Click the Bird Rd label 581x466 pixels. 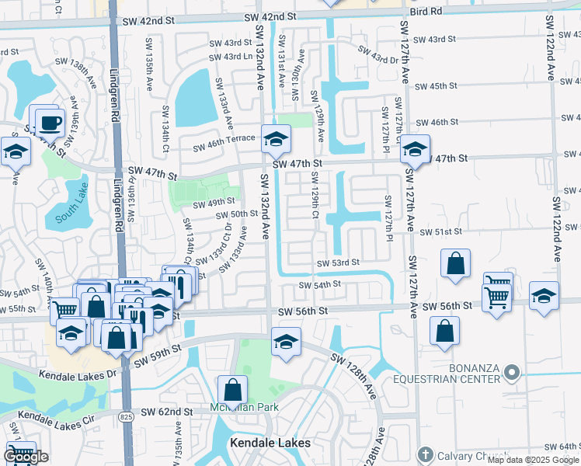pyautogui.click(x=426, y=11)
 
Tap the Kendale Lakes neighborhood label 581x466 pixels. pyautogui.click(x=270, y=443)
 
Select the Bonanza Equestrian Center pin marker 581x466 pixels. pyautogui.click(x=511, y=374)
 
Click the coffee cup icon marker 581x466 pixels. pyautogui.click(x=50, y=123)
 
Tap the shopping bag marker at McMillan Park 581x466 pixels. pyautogui.click(x=232, y=391)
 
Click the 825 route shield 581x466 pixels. pyautogui.click(x=125, y=417)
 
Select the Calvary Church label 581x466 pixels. pyautogui.click(x=464, y=454)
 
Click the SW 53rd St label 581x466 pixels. pyautogui.click(x=337, y=263)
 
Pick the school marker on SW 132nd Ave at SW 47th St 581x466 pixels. pyautogui.click(x=275, y=140)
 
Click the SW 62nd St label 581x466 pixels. pyautogui.click(x=166, y=412)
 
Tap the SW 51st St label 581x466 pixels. pyautogui.click(x=440, y=231)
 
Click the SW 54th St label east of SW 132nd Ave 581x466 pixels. pyautogui.click(x=321, y=284)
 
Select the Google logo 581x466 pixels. pyautogui.click(x=26, y=457)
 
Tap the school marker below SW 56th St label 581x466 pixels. pyautogui.click(x=286, y=343)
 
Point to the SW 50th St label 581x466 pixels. pyautogui.click(x=237, y=214)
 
